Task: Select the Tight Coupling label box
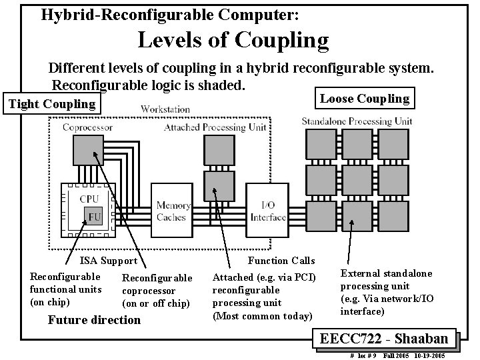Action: [x=51, y=104]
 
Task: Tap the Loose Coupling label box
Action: [x=364, y=99]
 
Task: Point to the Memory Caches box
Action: [x=173, y=211]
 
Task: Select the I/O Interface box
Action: [x=268, y=211]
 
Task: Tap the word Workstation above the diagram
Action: [x=165, y=109]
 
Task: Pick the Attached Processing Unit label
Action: [x=215, y=127]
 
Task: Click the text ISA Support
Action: [x=108, y=261]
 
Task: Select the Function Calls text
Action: [x=281, y=261]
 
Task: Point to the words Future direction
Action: [x=94, y=320]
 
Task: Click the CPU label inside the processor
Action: [x=89, y=199]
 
